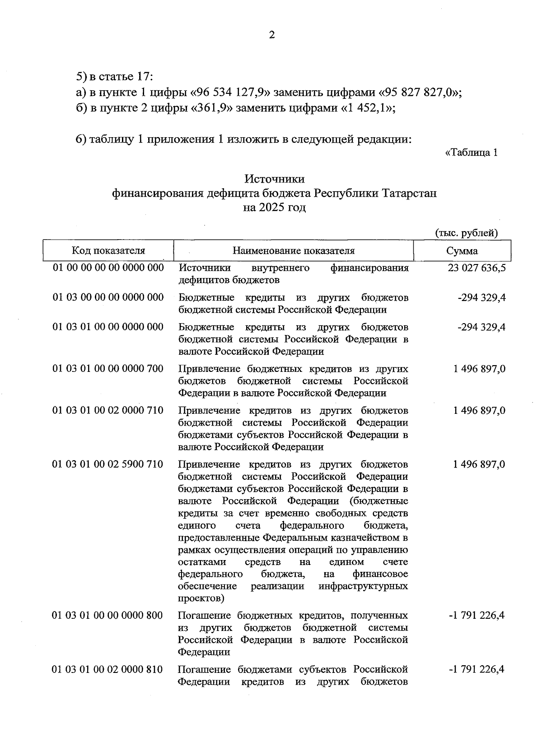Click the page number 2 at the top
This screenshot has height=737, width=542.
(271, 35)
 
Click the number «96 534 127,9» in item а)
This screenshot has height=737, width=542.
(231, 93)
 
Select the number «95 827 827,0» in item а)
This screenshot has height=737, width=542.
(417, 93)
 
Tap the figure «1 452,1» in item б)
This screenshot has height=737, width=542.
(367, 108)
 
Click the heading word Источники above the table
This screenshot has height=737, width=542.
(274, 179)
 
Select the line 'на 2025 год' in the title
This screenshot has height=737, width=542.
(274, 208)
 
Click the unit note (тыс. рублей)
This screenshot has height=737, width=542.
(466, 233)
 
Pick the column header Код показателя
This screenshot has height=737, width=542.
(108, 250)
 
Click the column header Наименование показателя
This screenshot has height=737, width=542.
(294, 250)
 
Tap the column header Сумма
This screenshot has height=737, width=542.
(462, 251)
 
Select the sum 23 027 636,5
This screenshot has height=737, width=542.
(477, 268)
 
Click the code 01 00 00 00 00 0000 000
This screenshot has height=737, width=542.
(108, 268)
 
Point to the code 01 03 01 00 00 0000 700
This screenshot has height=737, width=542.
(108, 369)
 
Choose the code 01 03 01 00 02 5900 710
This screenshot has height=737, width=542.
(108, 464)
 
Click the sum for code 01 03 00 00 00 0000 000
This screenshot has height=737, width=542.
(481, 298)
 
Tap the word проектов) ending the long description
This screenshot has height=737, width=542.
(201, 598)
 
